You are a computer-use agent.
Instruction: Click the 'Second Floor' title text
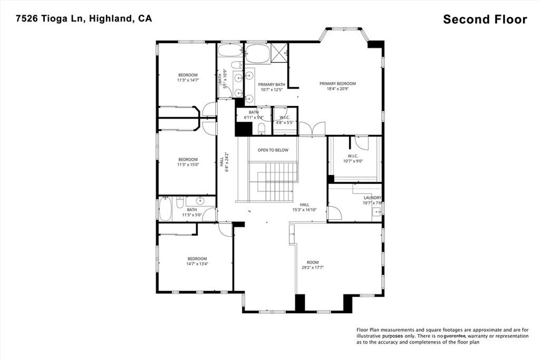point(485,20)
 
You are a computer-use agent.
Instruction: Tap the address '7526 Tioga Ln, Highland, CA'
point(83,18)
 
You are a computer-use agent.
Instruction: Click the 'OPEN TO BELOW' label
point(273,150)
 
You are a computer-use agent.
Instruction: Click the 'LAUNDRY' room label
point(372,198)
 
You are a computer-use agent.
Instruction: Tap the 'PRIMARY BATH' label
point(272,84)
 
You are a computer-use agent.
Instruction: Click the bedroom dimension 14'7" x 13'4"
point(197,264)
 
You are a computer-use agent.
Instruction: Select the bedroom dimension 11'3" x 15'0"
point(188,165)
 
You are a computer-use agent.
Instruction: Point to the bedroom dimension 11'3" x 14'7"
point(188,80)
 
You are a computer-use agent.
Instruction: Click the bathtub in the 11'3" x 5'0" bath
point(165,210)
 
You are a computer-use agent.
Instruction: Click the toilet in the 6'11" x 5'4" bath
point(262,129)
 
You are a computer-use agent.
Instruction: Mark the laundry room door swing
point(334,213)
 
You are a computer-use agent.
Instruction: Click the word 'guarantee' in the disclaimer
point(458,336)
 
